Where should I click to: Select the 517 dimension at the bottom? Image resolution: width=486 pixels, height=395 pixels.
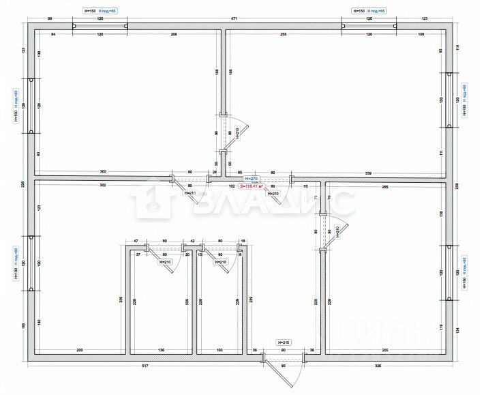(x=145, y=366)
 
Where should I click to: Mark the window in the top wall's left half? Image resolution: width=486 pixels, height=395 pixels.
(x=100, y=27)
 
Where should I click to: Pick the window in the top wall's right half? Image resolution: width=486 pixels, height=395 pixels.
(x=369, y=27)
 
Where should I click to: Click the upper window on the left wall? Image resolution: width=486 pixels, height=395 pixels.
(x=31, y=106)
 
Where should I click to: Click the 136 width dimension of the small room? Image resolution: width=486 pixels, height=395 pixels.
(x=161, y=351)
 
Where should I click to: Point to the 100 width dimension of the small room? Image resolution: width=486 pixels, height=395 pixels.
(x=219, y=351)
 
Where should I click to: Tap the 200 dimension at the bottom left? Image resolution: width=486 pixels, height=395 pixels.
(x=80, y=351)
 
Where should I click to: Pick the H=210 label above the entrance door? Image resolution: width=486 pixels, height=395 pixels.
(x=284, y=342)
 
